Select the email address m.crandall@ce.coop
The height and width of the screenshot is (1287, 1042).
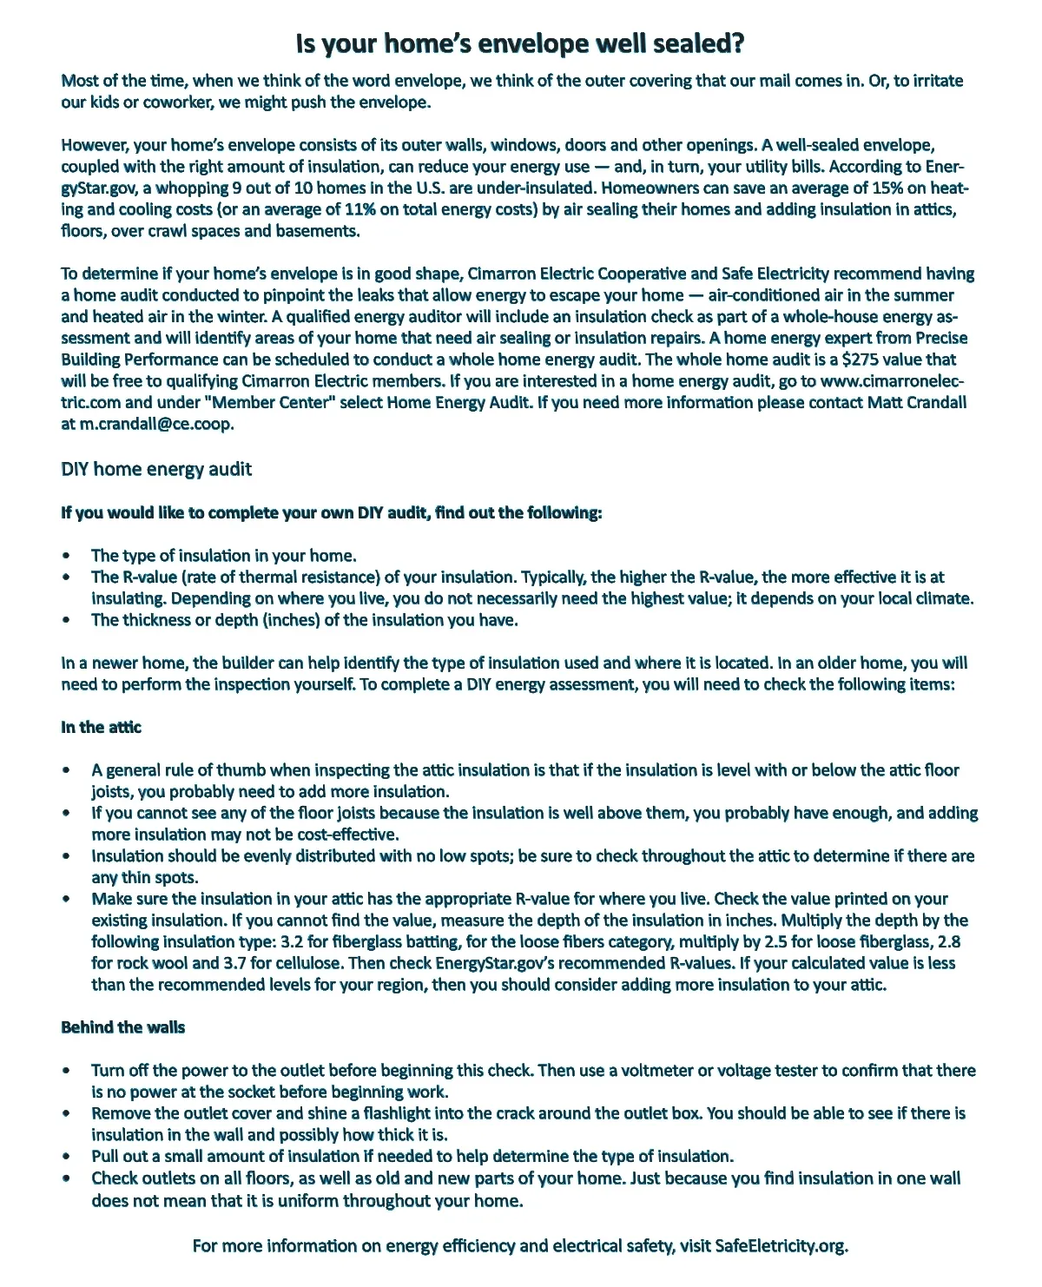click(x=156, y=424)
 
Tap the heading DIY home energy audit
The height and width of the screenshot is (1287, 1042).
click(x=156, y=470)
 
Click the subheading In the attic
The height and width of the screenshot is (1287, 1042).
click(x=101, y=728)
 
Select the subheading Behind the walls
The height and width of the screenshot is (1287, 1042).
click(x=122, y=1028)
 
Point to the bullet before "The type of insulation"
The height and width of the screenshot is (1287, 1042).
click(x=67, y=557)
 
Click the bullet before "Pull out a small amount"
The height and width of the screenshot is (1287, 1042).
click(x=67, y=1157)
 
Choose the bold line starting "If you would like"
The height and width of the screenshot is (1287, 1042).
click(x=331, y=513)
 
